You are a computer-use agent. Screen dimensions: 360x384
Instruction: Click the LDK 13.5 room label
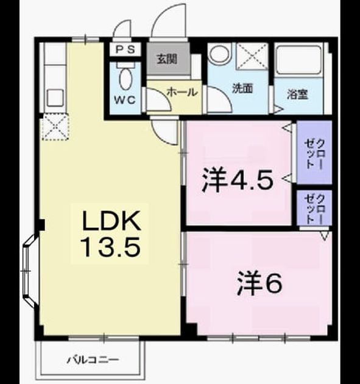click(x=111, y=233)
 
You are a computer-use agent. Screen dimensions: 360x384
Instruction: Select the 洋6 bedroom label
click(x=259, y=283)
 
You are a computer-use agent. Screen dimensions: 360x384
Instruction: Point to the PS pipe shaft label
click(x=125, y=50)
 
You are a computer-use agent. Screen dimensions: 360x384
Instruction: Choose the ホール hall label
click(x=182, y=92)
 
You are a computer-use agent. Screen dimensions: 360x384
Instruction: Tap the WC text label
click(x=125, y=100)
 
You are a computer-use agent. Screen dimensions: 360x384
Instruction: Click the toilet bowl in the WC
click(x=125, y=77)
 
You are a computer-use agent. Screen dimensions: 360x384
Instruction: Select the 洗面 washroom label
click(x=242, y=88)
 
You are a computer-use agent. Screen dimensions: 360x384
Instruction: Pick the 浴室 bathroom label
click(x=297, y=94)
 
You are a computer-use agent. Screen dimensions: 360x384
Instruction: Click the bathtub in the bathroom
click(x=298, y=60)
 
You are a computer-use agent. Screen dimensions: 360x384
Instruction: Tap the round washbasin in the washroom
click(x=219, y=53)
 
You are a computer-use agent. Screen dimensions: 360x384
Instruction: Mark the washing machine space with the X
click(x=252, y=56)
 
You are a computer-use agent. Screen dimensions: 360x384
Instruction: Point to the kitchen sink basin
click(x=55, y=98)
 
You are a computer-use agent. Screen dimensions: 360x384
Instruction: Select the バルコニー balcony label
click(x=93, y=360)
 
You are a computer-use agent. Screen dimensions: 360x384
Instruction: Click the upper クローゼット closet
click(x=314, y=152)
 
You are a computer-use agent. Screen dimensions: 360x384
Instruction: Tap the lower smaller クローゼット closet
click(x=314, y=208)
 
